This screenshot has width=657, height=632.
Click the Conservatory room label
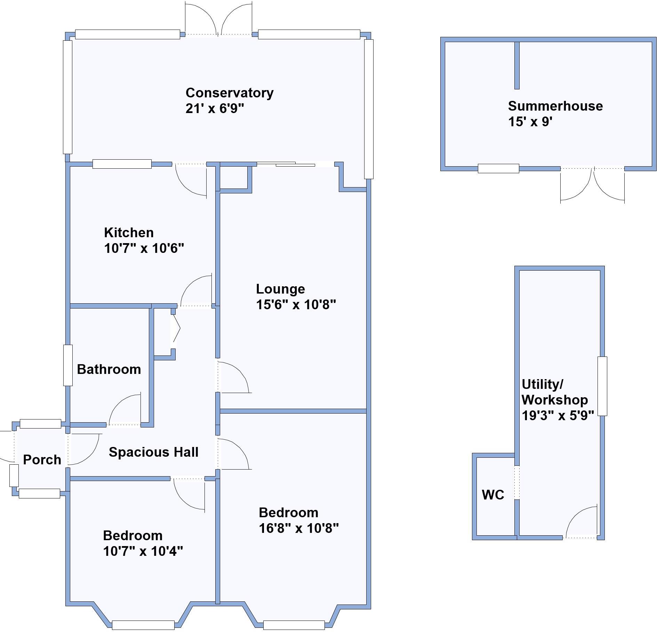click(229, 93)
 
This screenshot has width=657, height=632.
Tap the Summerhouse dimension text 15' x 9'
click(530, 122)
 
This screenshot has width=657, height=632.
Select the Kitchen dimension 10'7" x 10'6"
click(144, 248)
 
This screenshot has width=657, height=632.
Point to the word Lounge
click(280, 289)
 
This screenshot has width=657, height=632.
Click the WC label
click(493, 495)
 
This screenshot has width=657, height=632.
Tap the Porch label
click(42, 460)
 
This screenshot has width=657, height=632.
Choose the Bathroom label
click(109, 369)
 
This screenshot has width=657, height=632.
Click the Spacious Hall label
click(153, 452)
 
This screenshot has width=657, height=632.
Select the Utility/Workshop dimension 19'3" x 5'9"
click(558, 415)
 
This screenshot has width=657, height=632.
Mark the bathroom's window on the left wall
click(68, 365)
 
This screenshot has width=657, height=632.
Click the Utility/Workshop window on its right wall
click(602, 386)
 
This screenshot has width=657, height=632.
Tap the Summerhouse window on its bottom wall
click(498, 168)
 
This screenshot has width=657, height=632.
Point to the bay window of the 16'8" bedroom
click(294, 625)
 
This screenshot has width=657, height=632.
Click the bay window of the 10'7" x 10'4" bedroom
click(143, 625)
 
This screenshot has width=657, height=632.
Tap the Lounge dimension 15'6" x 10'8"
click(296, 305)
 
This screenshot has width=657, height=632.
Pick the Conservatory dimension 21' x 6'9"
click(215, 109)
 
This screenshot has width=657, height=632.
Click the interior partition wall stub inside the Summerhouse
click(517, 65)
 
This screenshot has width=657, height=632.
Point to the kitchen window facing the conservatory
click(122, 164)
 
